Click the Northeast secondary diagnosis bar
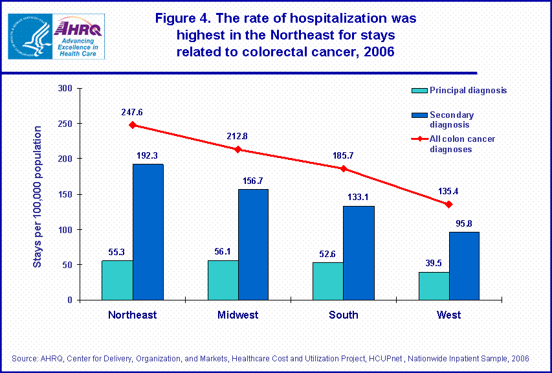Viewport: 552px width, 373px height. point(148,232)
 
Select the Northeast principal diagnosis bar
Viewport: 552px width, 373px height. point(117,280)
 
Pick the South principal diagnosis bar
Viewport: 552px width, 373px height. point(327,281)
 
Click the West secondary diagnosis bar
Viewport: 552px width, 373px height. point(464,266)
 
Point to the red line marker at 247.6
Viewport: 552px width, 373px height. point(133,125)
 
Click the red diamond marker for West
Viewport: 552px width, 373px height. point(448,204)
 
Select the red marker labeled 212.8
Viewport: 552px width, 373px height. point(238,150)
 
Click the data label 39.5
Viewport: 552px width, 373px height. point(433,264)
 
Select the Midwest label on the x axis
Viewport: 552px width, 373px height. point(238,315)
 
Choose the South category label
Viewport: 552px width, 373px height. point(343,315)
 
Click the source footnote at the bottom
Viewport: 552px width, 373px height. point(270,358)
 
